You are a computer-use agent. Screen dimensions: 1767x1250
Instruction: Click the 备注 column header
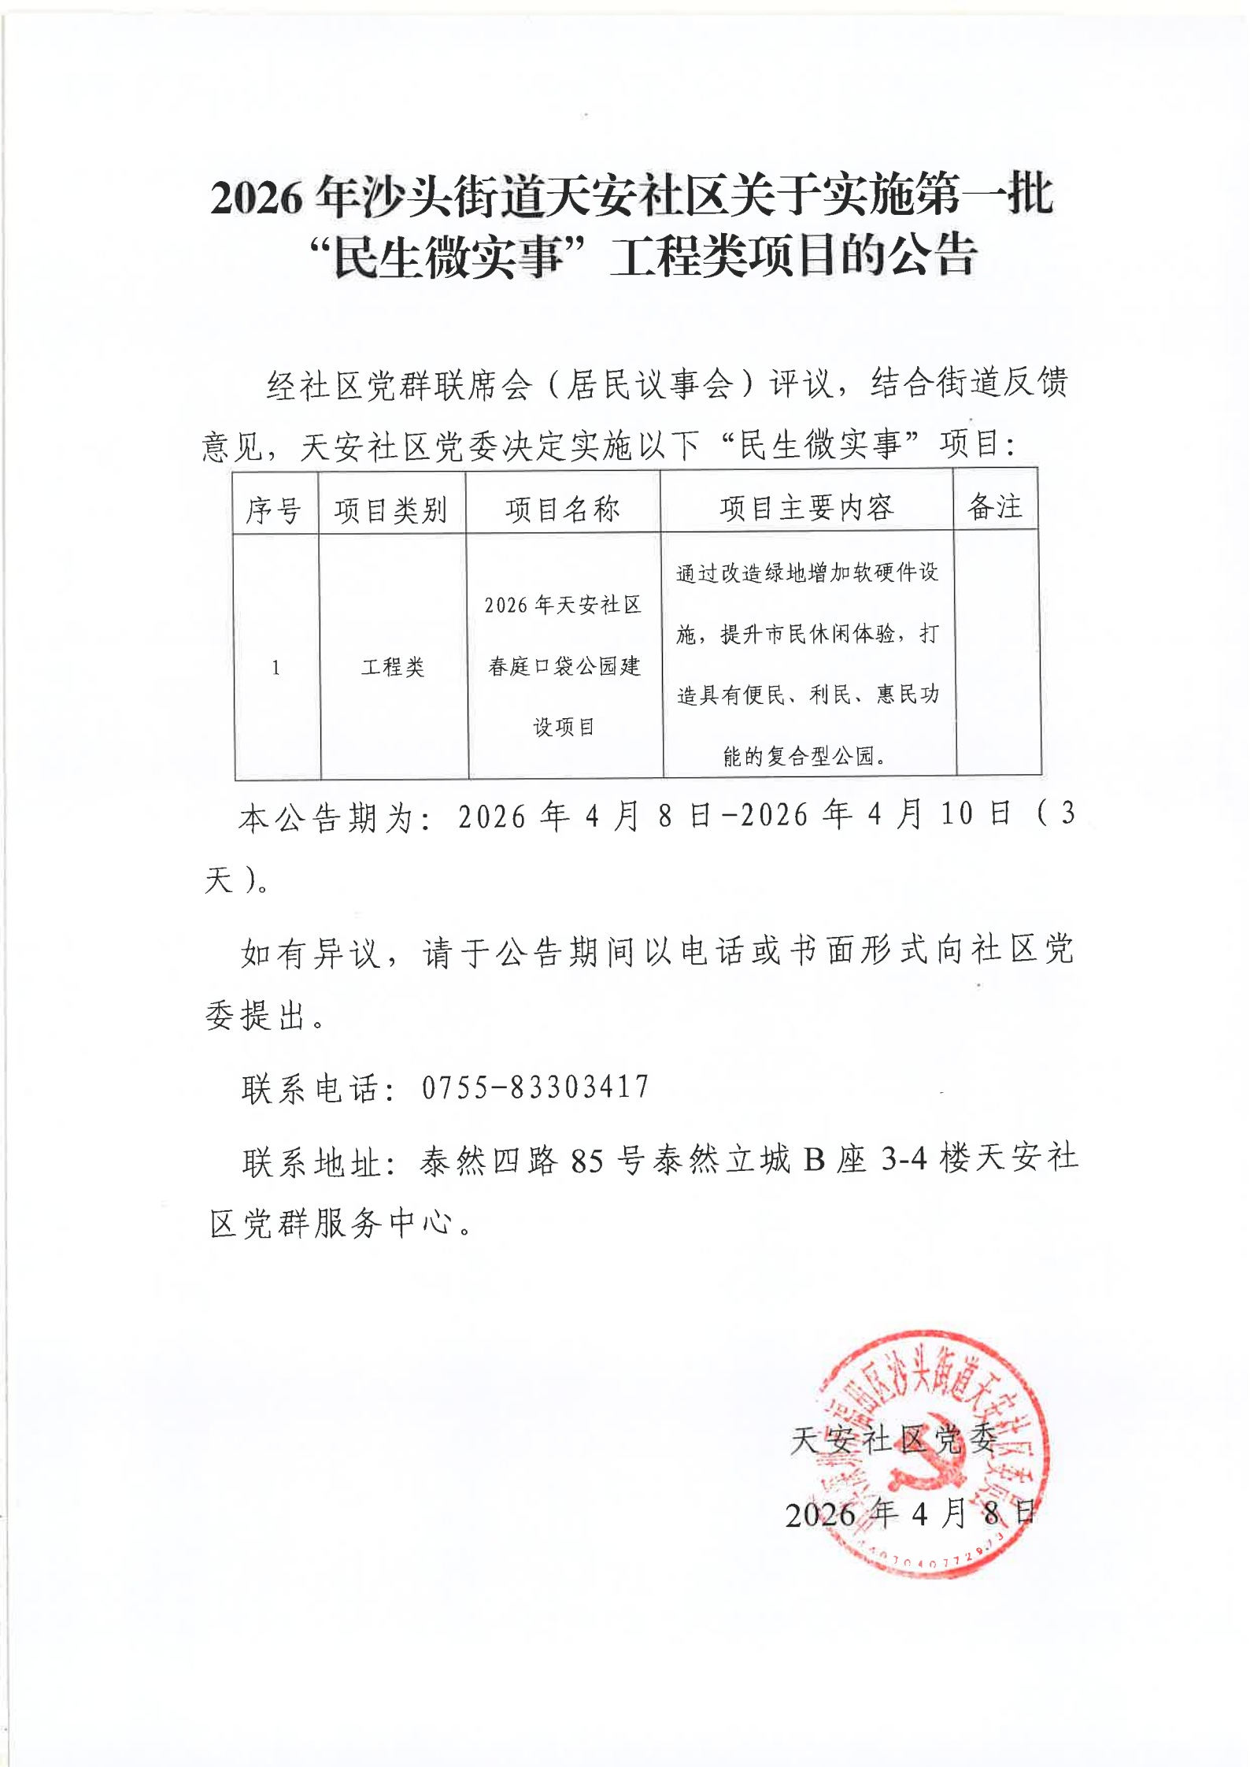tap(995, 506)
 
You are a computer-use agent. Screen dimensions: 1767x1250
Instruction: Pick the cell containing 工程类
tap(393, 668)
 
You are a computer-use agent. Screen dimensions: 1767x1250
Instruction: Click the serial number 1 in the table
tap(276, 669)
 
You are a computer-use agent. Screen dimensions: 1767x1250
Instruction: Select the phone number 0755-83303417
tap(535, 1087)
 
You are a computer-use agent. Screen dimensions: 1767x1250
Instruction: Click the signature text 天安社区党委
tap(893, 1440)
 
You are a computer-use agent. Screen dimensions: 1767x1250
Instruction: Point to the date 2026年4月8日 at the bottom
tap(909, 1513)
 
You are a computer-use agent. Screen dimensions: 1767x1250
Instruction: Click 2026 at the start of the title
tap(257, 198)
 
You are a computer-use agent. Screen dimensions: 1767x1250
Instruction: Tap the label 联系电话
tap(311, 1089)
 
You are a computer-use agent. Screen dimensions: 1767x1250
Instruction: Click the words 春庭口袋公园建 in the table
tap(564, 667)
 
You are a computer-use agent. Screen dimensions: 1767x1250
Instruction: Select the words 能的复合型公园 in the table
tap(798, 757)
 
